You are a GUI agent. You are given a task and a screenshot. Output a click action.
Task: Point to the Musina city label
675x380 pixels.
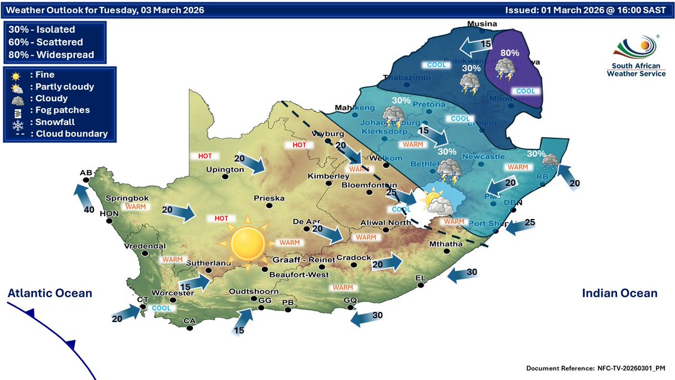tap(483, 24)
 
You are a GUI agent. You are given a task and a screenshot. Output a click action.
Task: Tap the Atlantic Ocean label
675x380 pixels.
tap(49, 293)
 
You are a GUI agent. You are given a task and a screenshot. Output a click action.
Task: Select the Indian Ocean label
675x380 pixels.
tap(619, 293)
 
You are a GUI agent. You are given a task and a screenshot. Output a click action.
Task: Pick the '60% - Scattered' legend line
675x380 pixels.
tap(46, 42)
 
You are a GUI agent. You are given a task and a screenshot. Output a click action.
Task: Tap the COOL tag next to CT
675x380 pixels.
tap(161, 308)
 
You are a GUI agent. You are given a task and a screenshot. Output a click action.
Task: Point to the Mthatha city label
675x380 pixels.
tap(445, 244)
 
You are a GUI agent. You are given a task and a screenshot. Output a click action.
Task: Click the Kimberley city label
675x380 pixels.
tap(326, 176)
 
